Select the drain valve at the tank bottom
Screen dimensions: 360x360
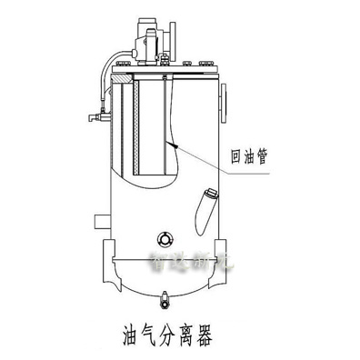click(x=165, y=295)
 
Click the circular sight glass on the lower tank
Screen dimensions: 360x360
click(x=165, y=237)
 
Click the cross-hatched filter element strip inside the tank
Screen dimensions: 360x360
click(x=135, y=127)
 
